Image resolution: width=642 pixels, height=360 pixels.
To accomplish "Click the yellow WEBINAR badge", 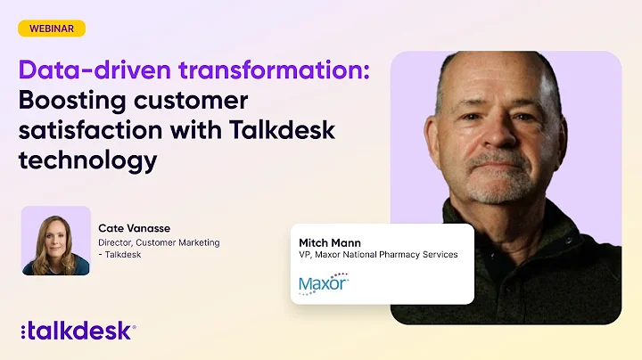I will (52, 29).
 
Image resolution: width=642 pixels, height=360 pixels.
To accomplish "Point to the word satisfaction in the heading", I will (90, 129).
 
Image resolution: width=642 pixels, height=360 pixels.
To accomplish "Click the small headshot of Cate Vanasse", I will (55, 241).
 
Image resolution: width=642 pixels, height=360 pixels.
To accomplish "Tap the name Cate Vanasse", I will (135, 228).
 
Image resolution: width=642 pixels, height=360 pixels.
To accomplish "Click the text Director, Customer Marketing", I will (159, 241).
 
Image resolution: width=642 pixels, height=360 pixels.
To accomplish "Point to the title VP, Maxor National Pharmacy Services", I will (378, 255).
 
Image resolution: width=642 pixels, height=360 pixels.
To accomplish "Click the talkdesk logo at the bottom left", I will (78, 331).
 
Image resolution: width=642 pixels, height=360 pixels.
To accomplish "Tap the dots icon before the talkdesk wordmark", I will (23, 331).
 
